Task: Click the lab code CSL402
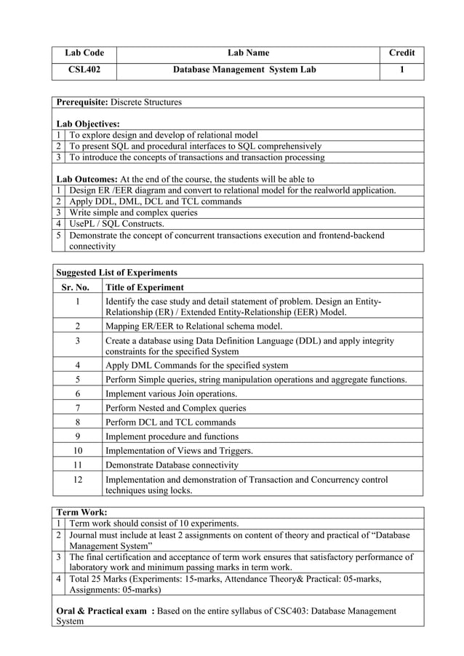[84, 71]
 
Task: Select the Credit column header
[401, 53]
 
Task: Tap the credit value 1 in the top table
[401, 71]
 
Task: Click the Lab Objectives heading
[88, 124]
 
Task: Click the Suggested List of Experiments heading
[116, 273]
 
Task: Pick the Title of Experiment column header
[144, 287]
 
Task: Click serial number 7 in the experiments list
[76, 408]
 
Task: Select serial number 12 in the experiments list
[76, 479]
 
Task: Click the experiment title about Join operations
[171, 393]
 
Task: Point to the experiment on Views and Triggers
[179, 451]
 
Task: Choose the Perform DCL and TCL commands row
[170, 422]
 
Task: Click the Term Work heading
[81, 512]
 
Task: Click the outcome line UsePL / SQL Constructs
[116, 223]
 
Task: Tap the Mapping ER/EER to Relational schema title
[193, 327]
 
